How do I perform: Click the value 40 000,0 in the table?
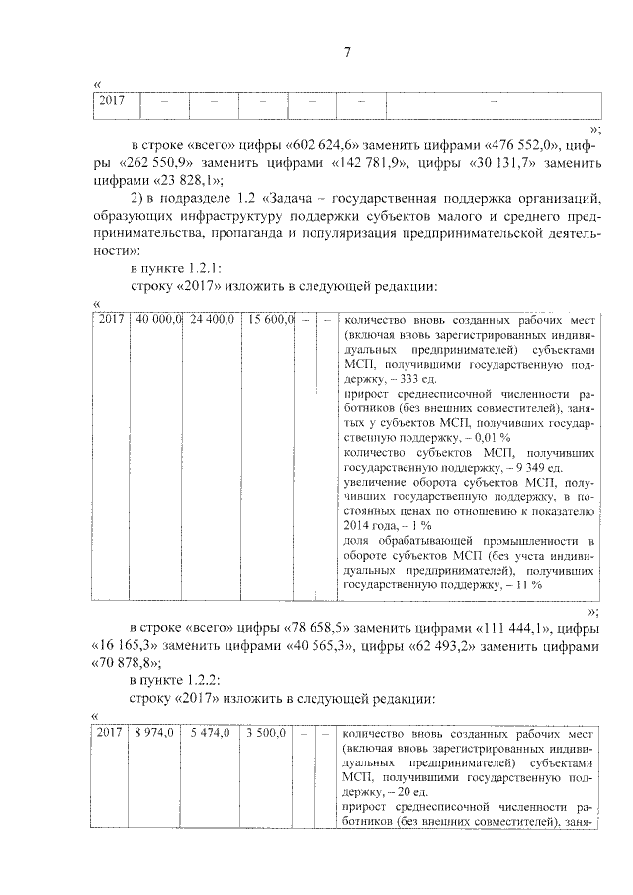pyautogui.click(x=159, y=321)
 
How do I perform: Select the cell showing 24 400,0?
pyautogui.click(x=211, y=321)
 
